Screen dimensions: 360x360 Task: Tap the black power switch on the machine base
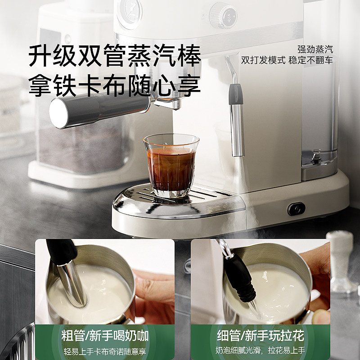coord(297,209)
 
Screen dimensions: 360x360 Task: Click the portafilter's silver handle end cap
coord(59,112)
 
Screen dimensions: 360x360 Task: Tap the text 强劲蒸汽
coord(315,49)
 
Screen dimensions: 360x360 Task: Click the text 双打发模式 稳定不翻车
coord(287,60)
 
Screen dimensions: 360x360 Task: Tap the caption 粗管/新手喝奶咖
coord(105,335)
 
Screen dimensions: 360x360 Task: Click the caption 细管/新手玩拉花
coord(261,335)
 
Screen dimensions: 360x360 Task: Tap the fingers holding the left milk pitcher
coord(155,292)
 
